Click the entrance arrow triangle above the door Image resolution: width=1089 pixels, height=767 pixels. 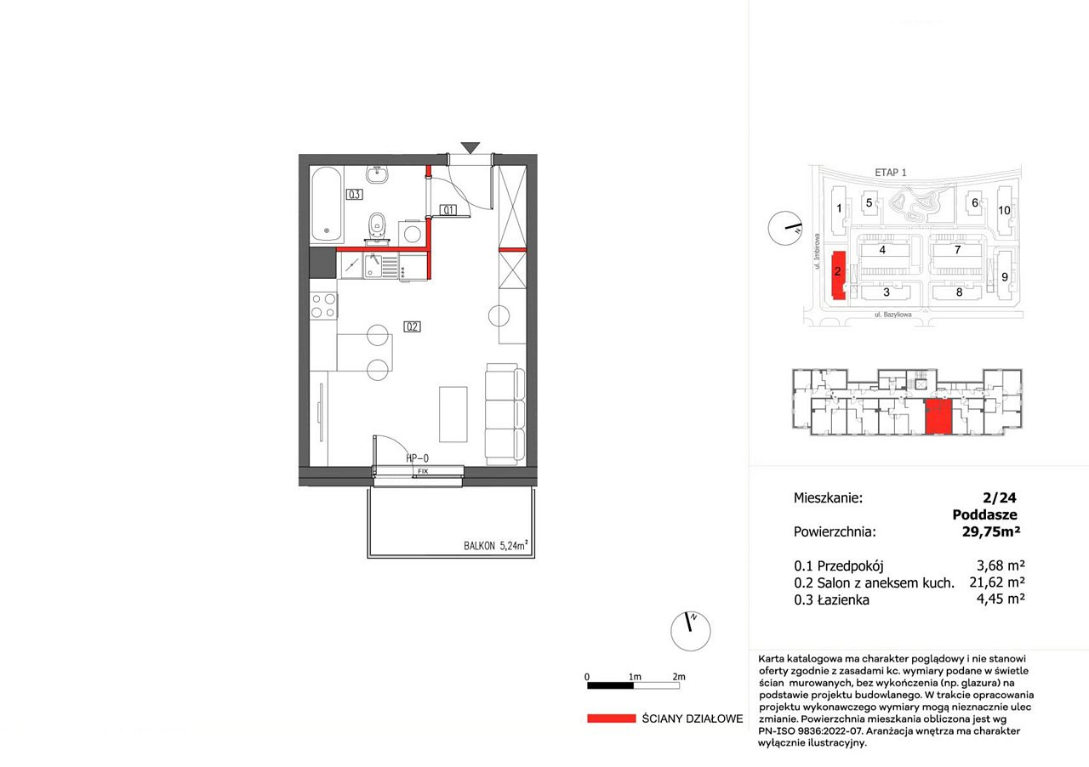click(x=470, y=148)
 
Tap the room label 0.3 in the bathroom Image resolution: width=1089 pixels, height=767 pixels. click(x=355, y=195)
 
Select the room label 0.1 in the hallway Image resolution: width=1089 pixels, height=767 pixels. click(x=448, y=210)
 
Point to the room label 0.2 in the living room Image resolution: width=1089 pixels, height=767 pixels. click(x=412, y=327)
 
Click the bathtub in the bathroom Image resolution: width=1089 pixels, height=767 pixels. click(x=326, y=204)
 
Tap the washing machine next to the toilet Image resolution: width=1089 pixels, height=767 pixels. click(x=412, y=233)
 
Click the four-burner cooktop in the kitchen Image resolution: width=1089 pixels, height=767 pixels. click(x=323, y=305)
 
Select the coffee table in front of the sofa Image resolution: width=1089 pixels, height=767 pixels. click(x=453, y=414)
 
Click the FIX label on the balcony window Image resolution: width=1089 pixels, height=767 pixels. click(x=423, y=471)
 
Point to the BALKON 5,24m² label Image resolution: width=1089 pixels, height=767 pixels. click(x=495, y=545)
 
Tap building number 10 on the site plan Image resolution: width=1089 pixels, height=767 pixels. click(x=1004, y=211)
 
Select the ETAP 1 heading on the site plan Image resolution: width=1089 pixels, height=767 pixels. click(x=891, y=172)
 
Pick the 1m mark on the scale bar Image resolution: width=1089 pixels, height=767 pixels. click(x=635, y=677)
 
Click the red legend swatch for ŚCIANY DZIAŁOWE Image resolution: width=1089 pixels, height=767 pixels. click(x=611, y=719)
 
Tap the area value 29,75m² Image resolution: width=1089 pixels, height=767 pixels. click(x=991, y=531)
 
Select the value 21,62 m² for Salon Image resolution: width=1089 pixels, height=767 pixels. click(x=997, y=582)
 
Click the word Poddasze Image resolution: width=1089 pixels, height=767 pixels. click(x=984, y=514)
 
